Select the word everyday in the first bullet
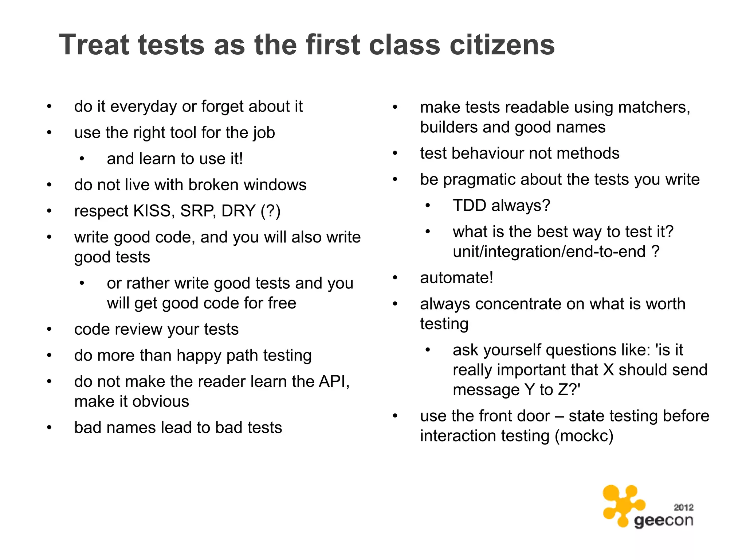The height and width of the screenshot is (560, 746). coord(143,106)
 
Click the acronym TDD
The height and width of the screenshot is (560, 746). coord(470,206)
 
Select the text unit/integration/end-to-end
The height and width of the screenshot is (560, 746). coord(549,252)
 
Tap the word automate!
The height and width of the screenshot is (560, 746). coord(457,278)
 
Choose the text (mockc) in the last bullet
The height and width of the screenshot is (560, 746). coord(584,436)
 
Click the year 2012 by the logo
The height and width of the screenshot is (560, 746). coord(683,507)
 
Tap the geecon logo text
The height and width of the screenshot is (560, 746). coord(663,521)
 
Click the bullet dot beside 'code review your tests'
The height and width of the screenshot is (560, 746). coord(49,330)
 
